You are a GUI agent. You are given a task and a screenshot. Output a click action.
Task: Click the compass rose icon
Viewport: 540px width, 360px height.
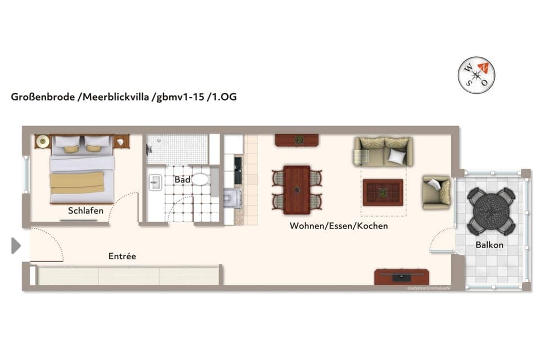[x=477, y=75]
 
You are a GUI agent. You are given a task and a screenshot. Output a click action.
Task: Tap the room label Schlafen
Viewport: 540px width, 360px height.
[x=85, y=211]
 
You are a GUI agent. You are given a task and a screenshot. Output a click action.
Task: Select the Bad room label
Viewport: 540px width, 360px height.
[x=182, y=180]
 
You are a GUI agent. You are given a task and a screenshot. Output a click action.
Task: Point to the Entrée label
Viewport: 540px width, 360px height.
[x=122, y=256]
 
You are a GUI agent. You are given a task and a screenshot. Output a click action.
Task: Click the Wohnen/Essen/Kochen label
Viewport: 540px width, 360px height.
[x=339, y=226]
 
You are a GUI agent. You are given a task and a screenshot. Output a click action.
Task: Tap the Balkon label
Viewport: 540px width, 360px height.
[x=489, y=245]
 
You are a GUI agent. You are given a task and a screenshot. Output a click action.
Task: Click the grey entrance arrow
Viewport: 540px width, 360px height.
[x=16, y=245]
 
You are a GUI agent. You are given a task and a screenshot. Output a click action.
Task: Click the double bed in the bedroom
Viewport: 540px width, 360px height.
[x=82, y=168]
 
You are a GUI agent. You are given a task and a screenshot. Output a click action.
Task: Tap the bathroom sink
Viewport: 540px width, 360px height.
[x=155, y=182]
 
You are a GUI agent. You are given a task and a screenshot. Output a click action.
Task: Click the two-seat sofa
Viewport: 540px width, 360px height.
[x=384, y=151]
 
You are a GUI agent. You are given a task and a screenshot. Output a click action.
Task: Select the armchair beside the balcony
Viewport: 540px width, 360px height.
[x=436, y=191]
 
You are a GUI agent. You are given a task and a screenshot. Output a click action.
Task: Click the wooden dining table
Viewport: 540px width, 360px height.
[x=296, y=190]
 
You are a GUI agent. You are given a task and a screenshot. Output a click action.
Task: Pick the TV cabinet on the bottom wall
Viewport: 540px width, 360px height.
[x=402, y=277]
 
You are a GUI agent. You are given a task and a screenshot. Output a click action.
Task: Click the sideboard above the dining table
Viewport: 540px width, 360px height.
[x=297, y=140]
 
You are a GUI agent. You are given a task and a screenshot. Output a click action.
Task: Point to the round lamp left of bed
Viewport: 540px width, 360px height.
[x=42, y=141]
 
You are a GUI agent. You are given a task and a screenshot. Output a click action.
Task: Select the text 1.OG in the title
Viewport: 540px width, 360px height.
[x=223, y=97]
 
